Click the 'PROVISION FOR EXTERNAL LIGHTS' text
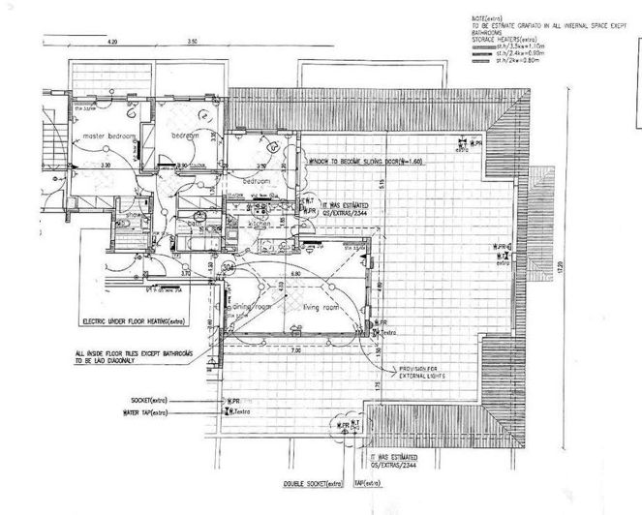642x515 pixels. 419,373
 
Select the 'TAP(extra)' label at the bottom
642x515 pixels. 368,482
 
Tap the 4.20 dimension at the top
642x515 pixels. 111,42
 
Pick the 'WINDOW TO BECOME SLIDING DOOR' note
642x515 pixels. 369,162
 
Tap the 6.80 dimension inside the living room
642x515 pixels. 307,274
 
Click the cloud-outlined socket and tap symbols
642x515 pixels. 344,425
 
